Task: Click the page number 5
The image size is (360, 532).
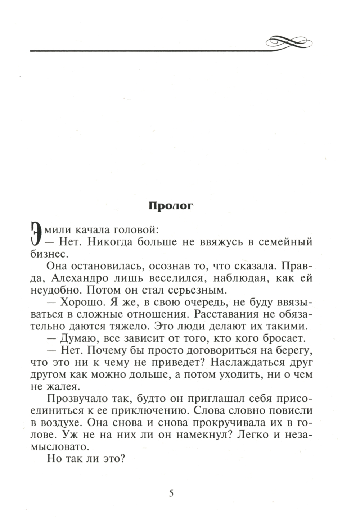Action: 171,493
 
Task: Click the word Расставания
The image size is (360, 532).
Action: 228,314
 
